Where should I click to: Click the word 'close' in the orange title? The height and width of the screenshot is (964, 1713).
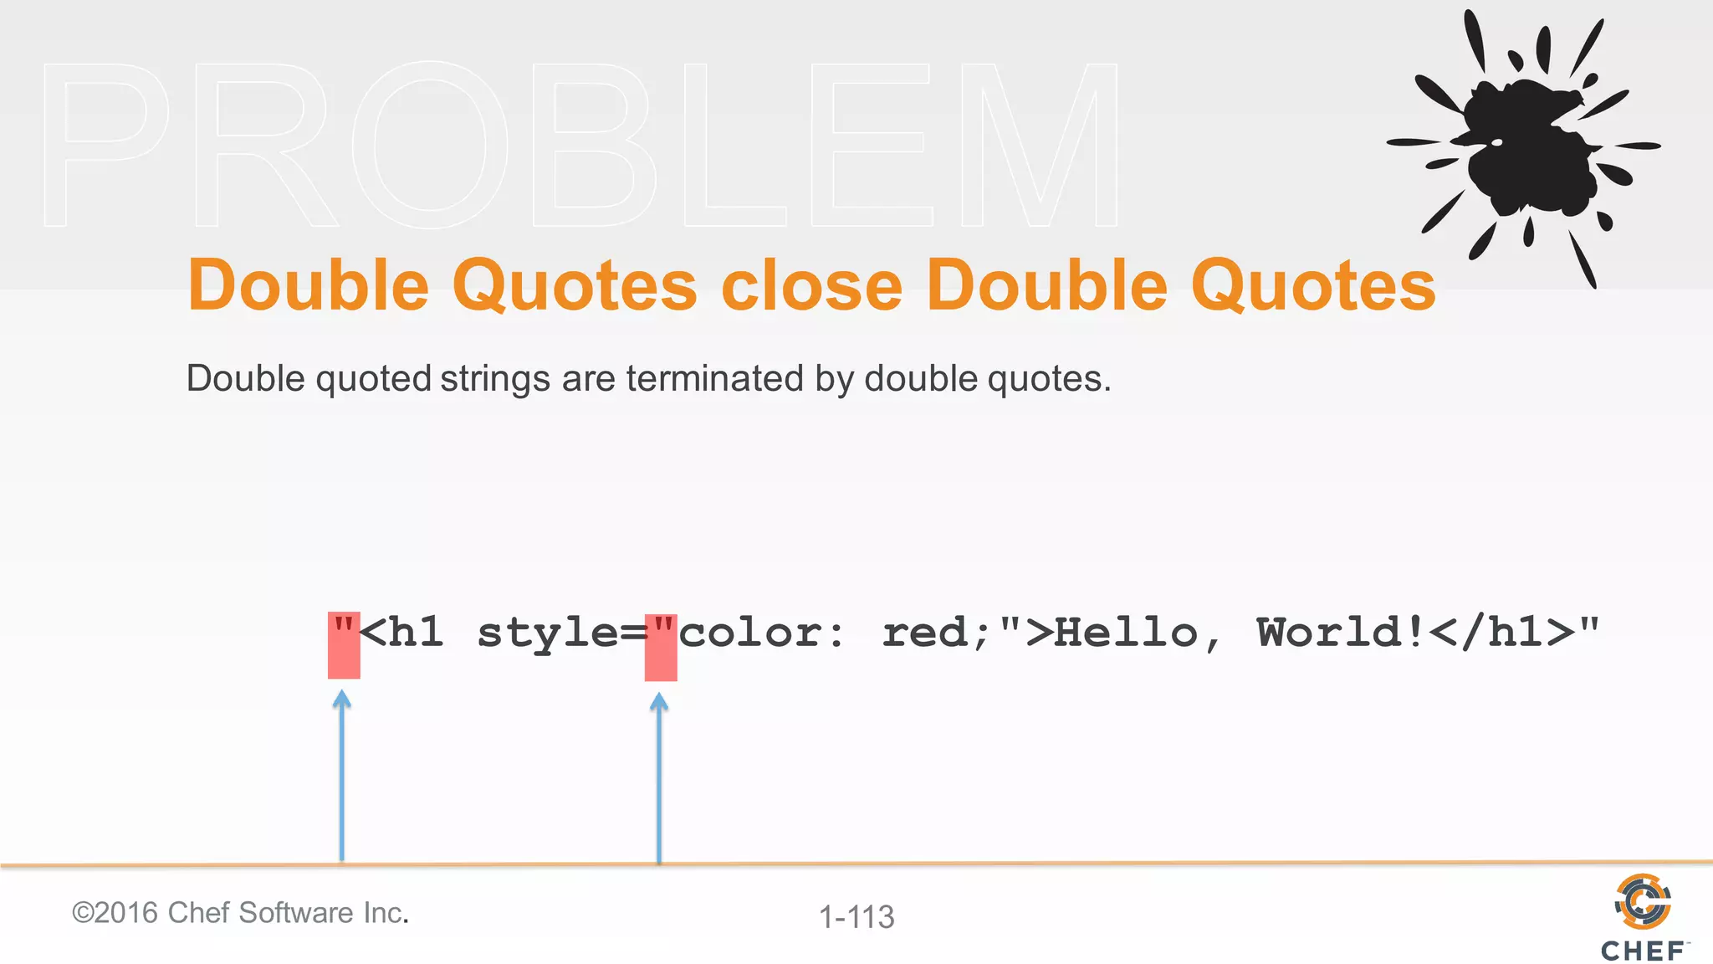(811, 285)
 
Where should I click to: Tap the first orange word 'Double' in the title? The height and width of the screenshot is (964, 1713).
(309, 285)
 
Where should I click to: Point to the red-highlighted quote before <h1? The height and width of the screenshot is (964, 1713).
(344, 644)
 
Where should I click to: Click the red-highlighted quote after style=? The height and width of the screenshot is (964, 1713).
(661, 645)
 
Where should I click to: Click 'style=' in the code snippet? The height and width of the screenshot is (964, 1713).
(561, 633)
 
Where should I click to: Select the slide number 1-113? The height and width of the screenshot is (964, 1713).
(856, 917)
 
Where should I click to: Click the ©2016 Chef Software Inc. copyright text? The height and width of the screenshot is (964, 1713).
(240, 912)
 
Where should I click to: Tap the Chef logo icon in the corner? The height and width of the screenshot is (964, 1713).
(1643, 902)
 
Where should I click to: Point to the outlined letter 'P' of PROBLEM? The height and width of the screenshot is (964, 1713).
(105, 144)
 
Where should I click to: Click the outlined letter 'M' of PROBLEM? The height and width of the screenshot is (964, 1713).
(1040, 144)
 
